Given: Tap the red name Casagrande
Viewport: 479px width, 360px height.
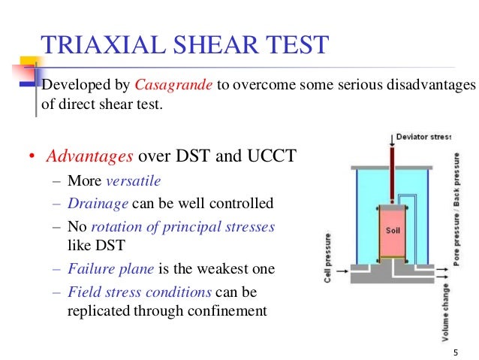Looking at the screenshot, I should [x=173, y=84].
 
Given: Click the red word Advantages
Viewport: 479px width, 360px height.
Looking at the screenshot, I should [x=89, y=156].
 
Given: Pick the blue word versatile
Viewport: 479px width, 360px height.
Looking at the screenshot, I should [x=134, y=181].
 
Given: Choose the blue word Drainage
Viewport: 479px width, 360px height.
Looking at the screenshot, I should [x=94, y=203].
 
